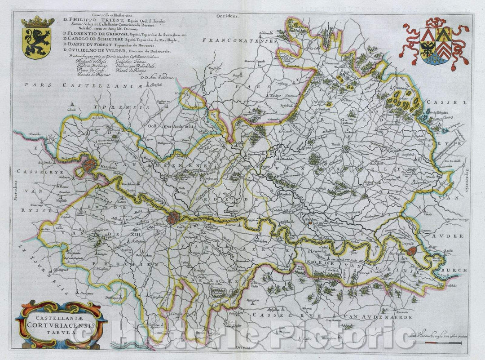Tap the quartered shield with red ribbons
pyautogui.click(x=435, y=47)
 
